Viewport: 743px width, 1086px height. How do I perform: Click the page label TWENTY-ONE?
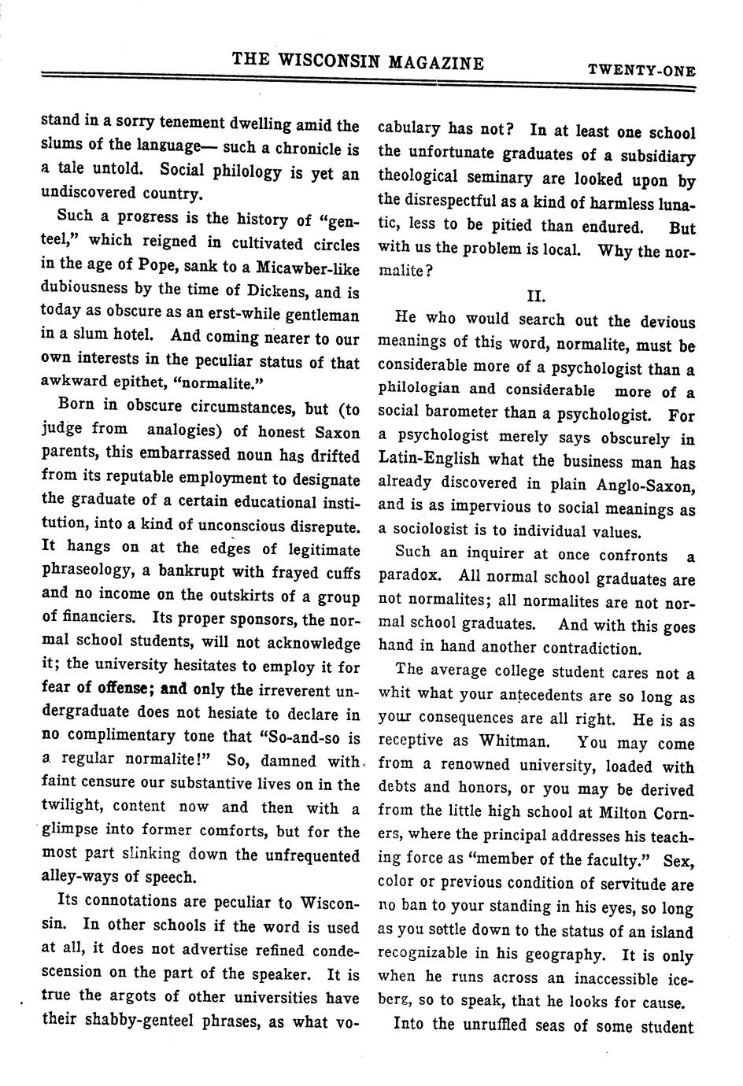[641, 70]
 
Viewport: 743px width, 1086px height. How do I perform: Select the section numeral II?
[536, 296]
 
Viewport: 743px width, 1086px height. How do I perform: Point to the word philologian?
[419, 390]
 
